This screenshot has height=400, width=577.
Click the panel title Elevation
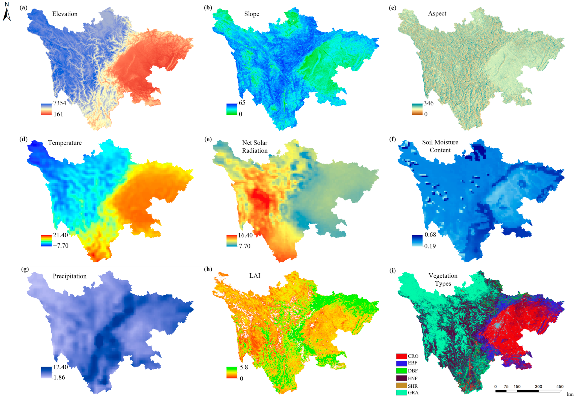pos(65,14)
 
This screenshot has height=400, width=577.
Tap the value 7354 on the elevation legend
pos(60,103)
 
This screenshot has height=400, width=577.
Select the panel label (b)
pos(208,8)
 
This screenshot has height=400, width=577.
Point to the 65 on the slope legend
pos(242,103)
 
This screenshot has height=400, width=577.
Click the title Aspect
pos(437,14)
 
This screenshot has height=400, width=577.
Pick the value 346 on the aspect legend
pos(428,103)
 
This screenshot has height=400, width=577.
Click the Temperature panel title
pos(65,143)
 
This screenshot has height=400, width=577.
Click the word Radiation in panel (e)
pos(255,151)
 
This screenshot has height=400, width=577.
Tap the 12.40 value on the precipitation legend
pos(60,367)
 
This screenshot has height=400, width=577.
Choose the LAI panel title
pos(255,276)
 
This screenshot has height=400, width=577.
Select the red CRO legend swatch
pos(401,356)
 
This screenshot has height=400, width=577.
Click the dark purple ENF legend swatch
pos(401,378)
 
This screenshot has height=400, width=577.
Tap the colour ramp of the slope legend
pos(232,109)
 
